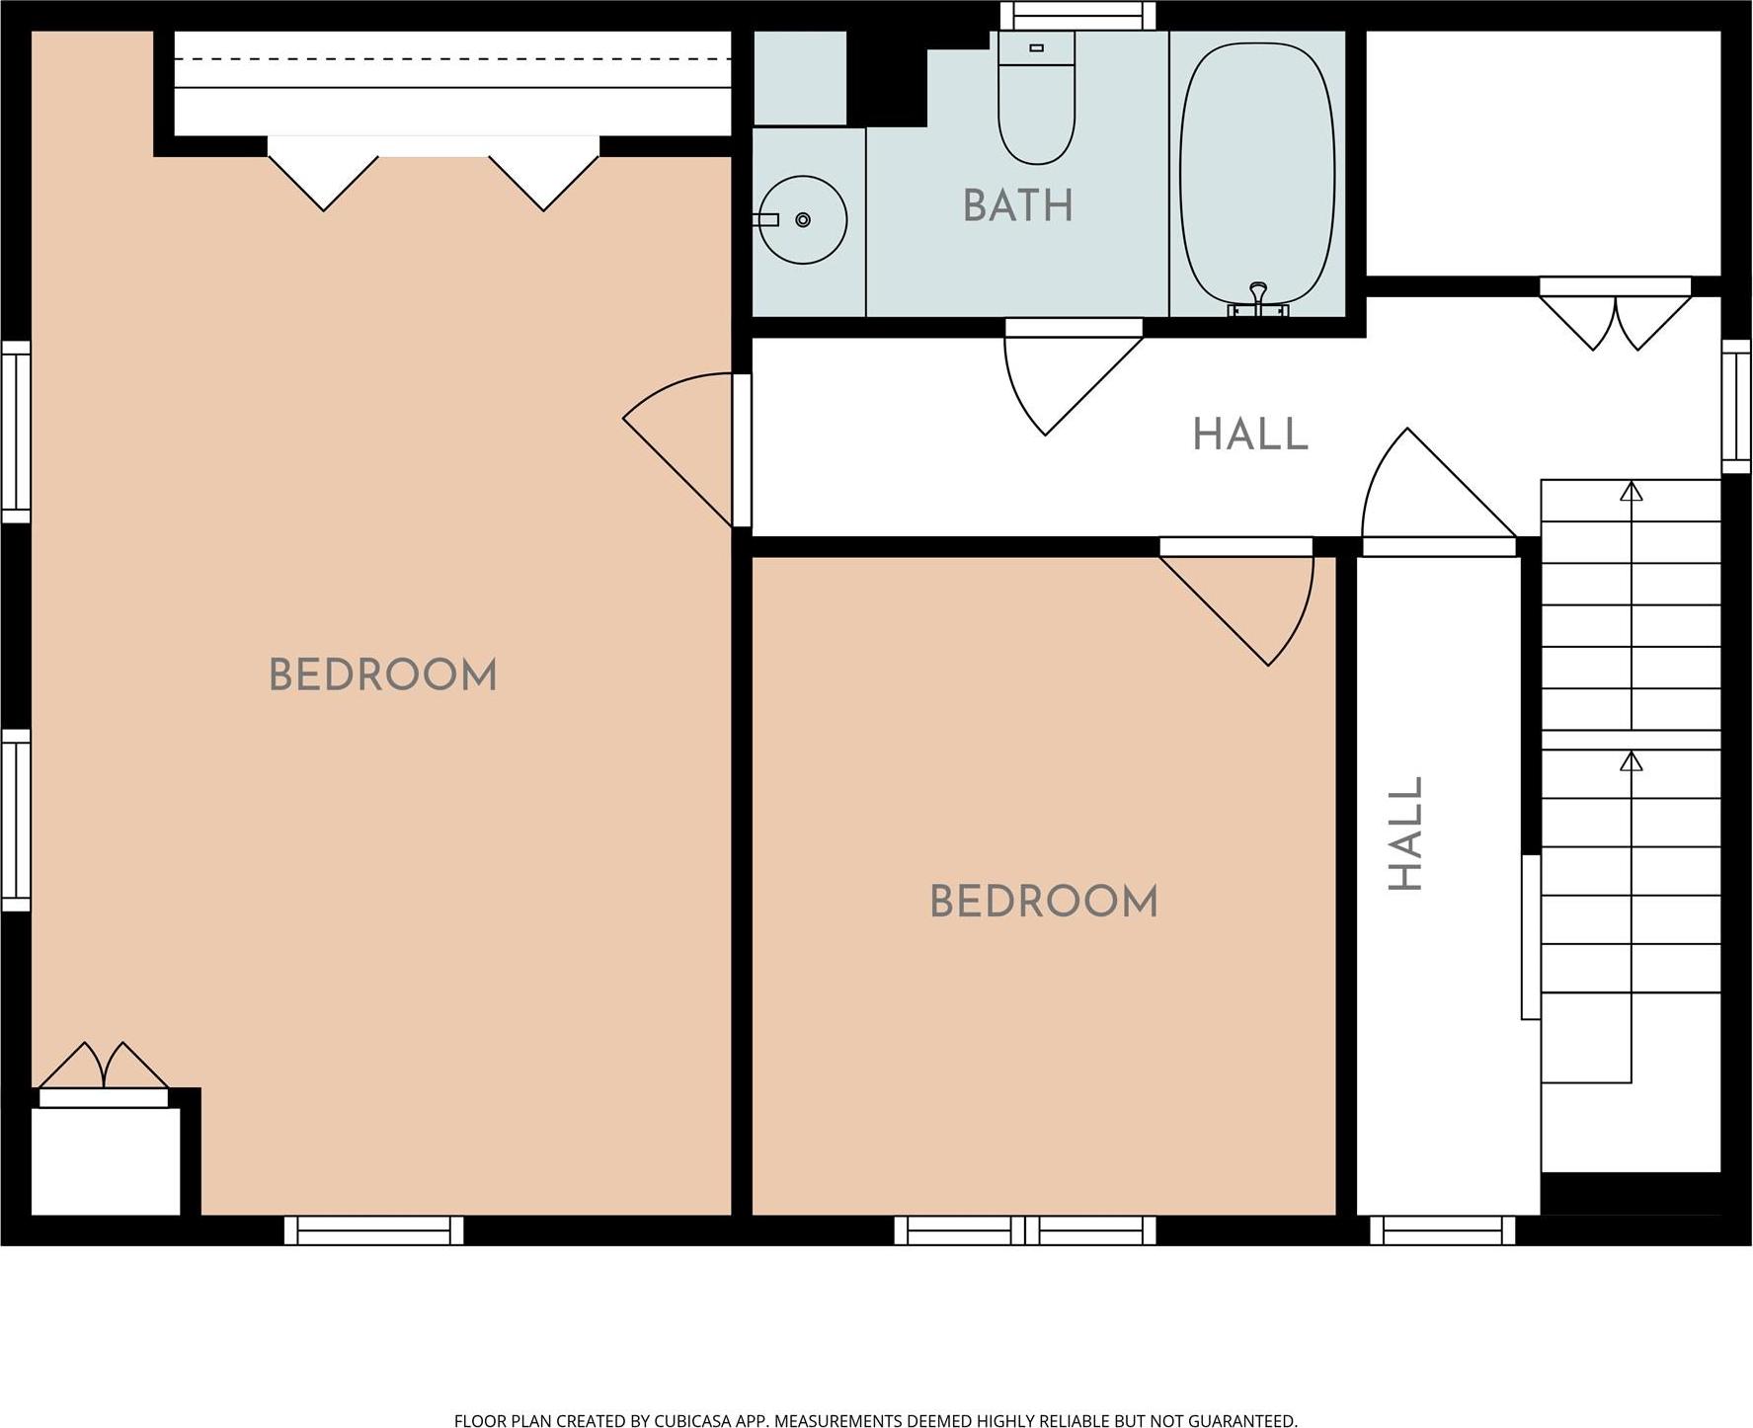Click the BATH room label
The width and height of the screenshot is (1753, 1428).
point(1017,206)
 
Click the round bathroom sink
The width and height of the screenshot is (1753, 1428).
point(804,219)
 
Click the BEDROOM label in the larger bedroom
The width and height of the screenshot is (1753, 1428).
point(383,675)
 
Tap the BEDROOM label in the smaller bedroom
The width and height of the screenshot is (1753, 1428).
point(1044,902)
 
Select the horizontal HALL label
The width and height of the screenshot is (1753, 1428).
point(1250,435)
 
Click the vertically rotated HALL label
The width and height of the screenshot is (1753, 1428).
point(1405,833)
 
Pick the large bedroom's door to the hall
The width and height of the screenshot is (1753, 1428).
point(686,450)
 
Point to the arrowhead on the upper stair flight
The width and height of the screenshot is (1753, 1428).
point(1632,490)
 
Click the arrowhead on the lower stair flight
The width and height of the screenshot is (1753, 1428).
point(1632,760)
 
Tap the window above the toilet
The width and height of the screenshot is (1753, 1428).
point(1077,16)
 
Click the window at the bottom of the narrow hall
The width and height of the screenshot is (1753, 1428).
point(1443,1230)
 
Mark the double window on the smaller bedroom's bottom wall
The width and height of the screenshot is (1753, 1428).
point(1025,1230)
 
